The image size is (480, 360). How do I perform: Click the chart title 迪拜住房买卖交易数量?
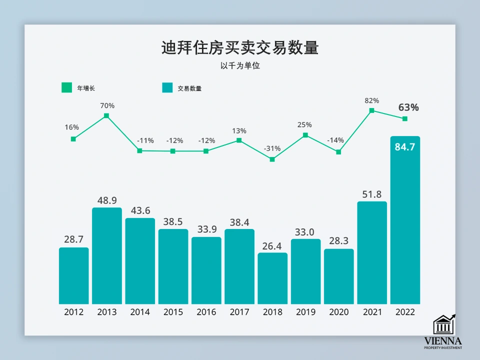pos(240,48)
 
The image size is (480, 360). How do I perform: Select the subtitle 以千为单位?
pos(240,65)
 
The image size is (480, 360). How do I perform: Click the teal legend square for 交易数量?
pos(167,88)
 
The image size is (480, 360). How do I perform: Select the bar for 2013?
pos(107,255)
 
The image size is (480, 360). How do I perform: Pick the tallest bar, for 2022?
pos(405,225)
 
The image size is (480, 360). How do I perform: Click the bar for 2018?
pos(272,278)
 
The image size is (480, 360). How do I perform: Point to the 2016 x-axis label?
pos(206,312)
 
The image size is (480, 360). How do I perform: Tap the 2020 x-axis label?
pos(339,312)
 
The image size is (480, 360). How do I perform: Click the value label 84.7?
pos(405,147)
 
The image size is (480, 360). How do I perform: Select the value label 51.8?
pos(372,194)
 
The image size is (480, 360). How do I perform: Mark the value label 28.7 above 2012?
pos(74,240)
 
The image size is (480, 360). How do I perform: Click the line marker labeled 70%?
pos(106,116)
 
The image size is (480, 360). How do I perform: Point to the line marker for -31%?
pos(272,159)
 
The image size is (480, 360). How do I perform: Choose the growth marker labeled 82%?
pos(371,110)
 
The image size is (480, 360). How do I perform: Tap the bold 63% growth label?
pos(408,107)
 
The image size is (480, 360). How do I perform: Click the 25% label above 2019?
pos(305,124)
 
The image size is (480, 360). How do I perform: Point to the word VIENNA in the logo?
pos(443,341)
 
